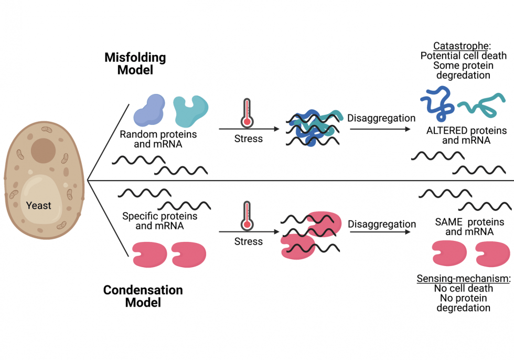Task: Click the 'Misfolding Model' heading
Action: point(135,63)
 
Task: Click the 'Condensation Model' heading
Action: point(143,296)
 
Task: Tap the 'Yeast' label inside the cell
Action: point(39,205)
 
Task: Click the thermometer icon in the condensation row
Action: point(247,216)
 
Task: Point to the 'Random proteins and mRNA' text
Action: point(158,139)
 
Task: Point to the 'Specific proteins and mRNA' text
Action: point(159,221)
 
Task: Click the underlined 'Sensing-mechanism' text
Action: point(463,278)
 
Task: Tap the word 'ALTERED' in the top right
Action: point(445,131)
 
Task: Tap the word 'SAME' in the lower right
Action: point(448,222)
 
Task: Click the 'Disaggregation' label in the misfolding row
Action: point(381,118)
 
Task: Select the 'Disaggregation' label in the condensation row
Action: point(381,224)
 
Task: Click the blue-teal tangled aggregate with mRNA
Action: point(312,127)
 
